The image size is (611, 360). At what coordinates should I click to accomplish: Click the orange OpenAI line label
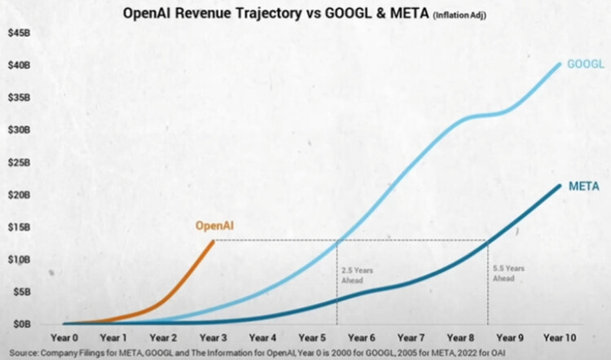point(213,226)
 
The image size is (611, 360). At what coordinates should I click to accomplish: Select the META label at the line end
point(584,187)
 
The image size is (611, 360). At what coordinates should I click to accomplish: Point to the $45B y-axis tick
point(20,33)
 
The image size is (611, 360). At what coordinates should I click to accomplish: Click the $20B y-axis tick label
point(20,195)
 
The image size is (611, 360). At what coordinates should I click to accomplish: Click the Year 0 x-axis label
point(63,337)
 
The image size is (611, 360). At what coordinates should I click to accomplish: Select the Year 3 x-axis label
point(212,337)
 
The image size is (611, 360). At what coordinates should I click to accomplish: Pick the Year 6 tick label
point(361,337)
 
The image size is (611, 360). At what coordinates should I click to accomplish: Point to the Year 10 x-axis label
point(559,337)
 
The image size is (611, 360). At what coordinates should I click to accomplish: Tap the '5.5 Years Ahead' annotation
point(508,273)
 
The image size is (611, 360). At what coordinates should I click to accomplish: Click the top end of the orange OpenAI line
point(213,240)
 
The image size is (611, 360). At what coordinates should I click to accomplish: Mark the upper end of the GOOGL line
point(560,64)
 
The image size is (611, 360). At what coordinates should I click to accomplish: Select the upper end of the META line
point(560,186)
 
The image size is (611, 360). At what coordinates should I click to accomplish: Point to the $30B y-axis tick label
point(20,130)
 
